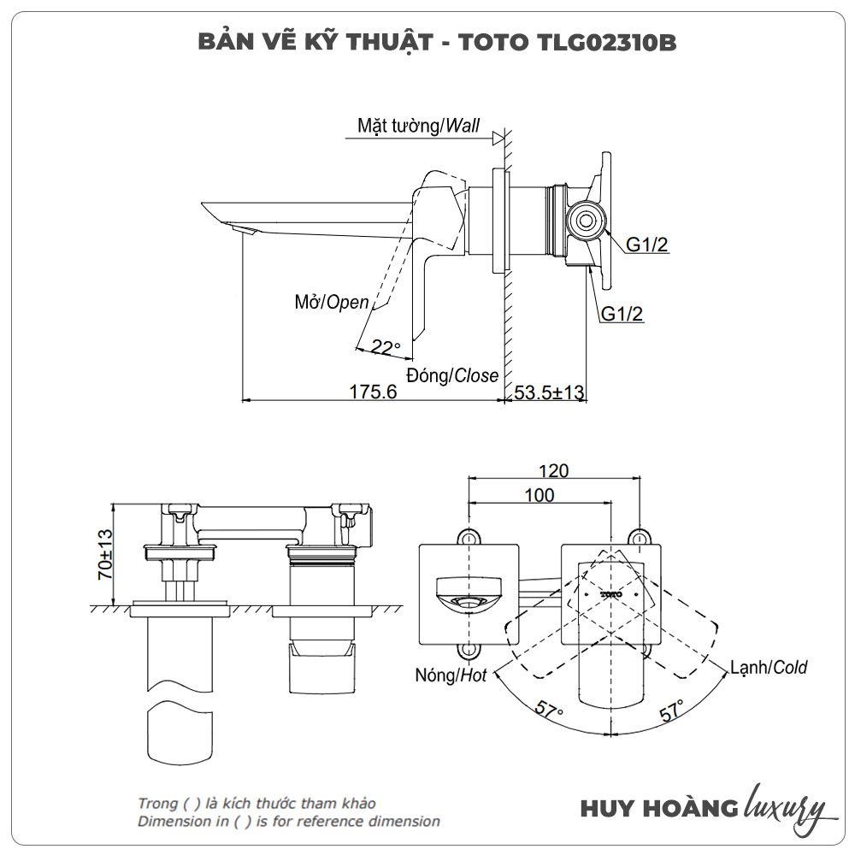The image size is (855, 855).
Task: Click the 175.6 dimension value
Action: click(x=374, y=392)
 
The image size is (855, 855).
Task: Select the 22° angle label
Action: click(x=386, y=347)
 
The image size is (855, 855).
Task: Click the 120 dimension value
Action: click(x=553, y=471)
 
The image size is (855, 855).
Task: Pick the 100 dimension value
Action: click(x=540, y=495)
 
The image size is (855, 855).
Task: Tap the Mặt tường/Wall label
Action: click(x=419, y=127)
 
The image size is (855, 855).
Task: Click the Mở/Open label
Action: click(x=332, y=302)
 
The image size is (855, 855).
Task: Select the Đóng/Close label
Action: click(x=452, y=375)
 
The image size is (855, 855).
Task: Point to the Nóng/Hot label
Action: click(x=451, y=675)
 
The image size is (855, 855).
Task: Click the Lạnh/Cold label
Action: click(x=768, y=667)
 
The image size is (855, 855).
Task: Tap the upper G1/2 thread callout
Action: click(x=647, y=245)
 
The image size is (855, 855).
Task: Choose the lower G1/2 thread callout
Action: click(x=622, y=314)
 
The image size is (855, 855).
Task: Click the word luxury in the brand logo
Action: click(x=785, y=805)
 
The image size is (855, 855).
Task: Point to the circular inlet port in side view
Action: click(x=585, y=220)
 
